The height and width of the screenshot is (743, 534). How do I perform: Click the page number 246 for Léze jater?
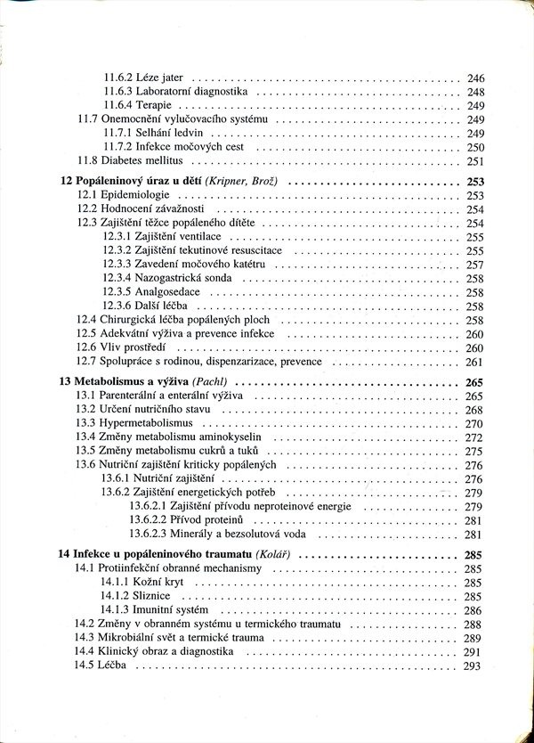[475, 78]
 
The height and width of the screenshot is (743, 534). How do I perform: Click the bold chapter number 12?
[65, 182]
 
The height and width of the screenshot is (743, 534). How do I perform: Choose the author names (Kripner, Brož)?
[241, 182]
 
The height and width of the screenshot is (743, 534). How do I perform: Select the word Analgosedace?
[167, 292]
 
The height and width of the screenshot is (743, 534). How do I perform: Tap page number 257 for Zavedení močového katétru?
[474, 265]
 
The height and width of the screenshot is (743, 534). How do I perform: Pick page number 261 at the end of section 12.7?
[474, 362]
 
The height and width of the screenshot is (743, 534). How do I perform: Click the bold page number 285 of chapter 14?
[473, 555]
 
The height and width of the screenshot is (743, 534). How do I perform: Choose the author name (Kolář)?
[273, 555]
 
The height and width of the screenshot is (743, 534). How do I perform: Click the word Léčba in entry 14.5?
[115, 666]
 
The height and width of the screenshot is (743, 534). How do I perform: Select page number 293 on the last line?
[473, 666]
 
